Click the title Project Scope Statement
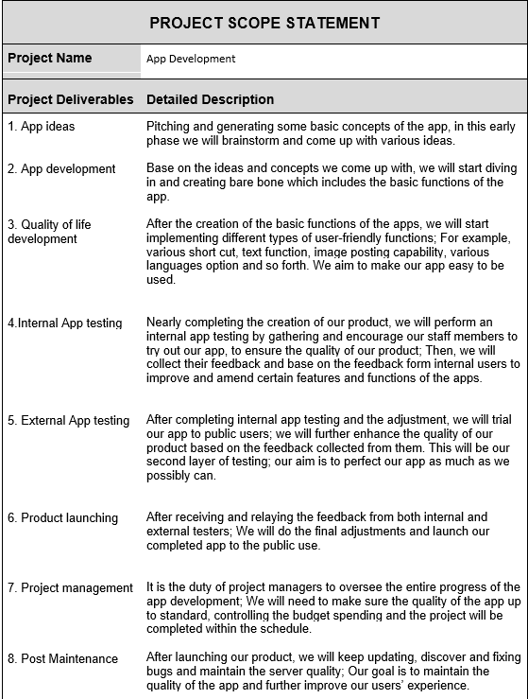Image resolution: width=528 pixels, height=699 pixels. (x=264, y=23)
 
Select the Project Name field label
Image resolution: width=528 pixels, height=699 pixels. (x=50, y=58)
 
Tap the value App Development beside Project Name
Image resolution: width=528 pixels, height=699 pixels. (x=191, y=59)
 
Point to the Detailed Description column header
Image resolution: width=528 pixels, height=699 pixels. (x=211, y=99)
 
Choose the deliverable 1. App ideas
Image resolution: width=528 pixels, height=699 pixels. (x=41, y=126)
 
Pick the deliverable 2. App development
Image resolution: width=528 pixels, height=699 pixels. (x=61, y=169)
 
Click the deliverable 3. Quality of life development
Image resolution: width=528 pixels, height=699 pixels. (x=49, y=232)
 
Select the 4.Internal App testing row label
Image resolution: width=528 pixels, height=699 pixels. (x=64, y=323)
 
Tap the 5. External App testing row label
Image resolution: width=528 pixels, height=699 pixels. (x=68, y=420)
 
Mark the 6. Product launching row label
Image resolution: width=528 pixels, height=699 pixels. (x=62, y=517)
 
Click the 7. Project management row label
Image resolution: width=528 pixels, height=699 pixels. (x=70, y=587)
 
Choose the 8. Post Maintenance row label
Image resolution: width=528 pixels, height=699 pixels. (x=62, y=658)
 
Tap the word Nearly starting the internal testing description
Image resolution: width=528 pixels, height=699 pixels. (x=165, y=323)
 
